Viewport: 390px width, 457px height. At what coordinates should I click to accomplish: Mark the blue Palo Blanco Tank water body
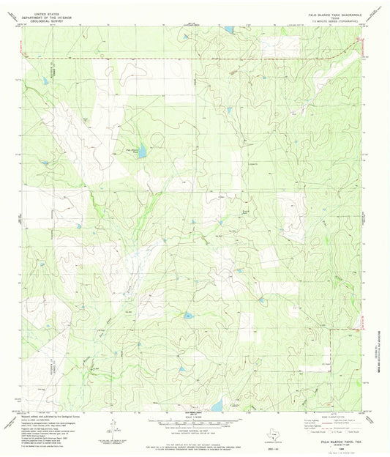(x=143, y=152)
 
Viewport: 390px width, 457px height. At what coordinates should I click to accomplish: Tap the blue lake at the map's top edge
(x=229, y=30)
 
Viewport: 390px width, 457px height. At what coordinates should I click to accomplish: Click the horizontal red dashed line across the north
(x=183, y=59)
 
